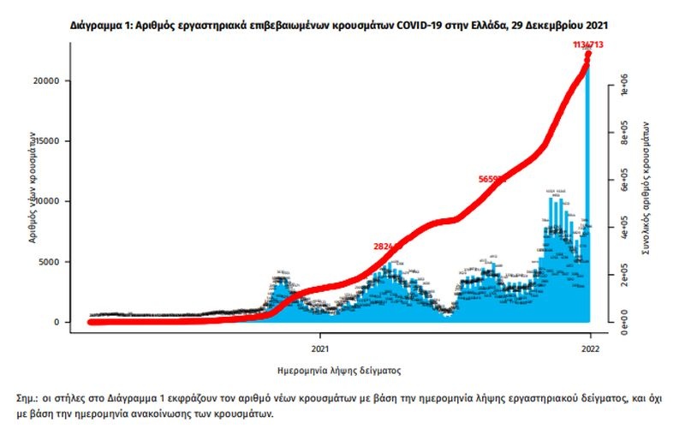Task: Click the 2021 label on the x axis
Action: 320,348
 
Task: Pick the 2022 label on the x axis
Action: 589,348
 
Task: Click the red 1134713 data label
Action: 588,45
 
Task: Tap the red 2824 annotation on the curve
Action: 387,247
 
